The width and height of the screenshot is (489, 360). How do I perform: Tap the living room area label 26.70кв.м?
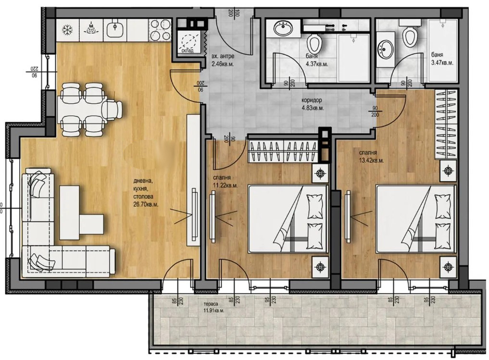147,204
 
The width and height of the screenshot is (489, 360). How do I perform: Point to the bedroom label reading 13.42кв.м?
371,161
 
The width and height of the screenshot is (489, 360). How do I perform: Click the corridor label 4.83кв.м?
313,108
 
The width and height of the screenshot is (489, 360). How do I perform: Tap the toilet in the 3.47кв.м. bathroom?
410,34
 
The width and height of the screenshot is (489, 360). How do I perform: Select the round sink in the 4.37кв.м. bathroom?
284,28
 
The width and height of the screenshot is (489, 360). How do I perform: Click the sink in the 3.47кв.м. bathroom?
385,49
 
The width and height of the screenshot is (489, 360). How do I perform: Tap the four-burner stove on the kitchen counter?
160,29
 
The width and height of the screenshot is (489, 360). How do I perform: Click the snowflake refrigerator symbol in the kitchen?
67,29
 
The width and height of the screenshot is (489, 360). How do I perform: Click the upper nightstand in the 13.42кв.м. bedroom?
448,170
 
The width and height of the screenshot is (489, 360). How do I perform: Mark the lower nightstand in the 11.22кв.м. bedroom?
320,266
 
